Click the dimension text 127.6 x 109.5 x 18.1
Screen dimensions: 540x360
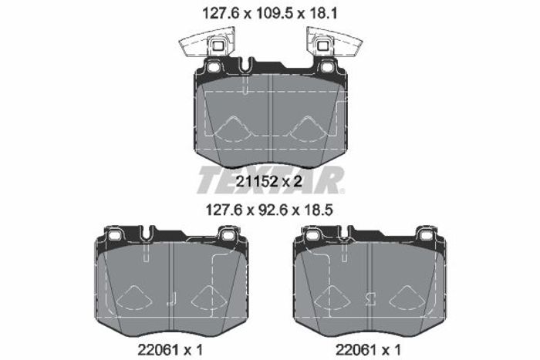coord(270,14)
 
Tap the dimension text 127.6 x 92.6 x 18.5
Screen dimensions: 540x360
coord(270,210)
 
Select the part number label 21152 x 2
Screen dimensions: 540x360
coord(269,181)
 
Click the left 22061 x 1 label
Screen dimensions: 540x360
coord(170,350)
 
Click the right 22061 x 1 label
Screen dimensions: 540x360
coord(369,350)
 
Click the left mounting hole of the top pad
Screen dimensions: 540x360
coord(214,66)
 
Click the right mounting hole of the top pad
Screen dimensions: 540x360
coord(326,66)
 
